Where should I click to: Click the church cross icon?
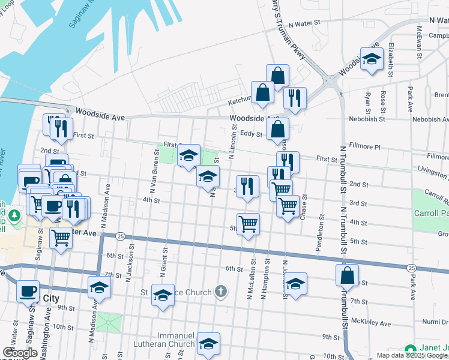point(221,292)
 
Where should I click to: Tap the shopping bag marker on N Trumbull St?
point(347,276)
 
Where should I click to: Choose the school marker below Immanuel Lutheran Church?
point(208,344)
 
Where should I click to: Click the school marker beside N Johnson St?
point(295,284)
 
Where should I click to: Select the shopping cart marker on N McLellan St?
point(248,225)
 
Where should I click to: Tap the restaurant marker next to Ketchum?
point(295,98)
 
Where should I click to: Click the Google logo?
point(20,353)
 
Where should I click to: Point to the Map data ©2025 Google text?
point(412,355)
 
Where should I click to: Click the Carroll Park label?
point(431,213)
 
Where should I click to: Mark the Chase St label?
point(304,206)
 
